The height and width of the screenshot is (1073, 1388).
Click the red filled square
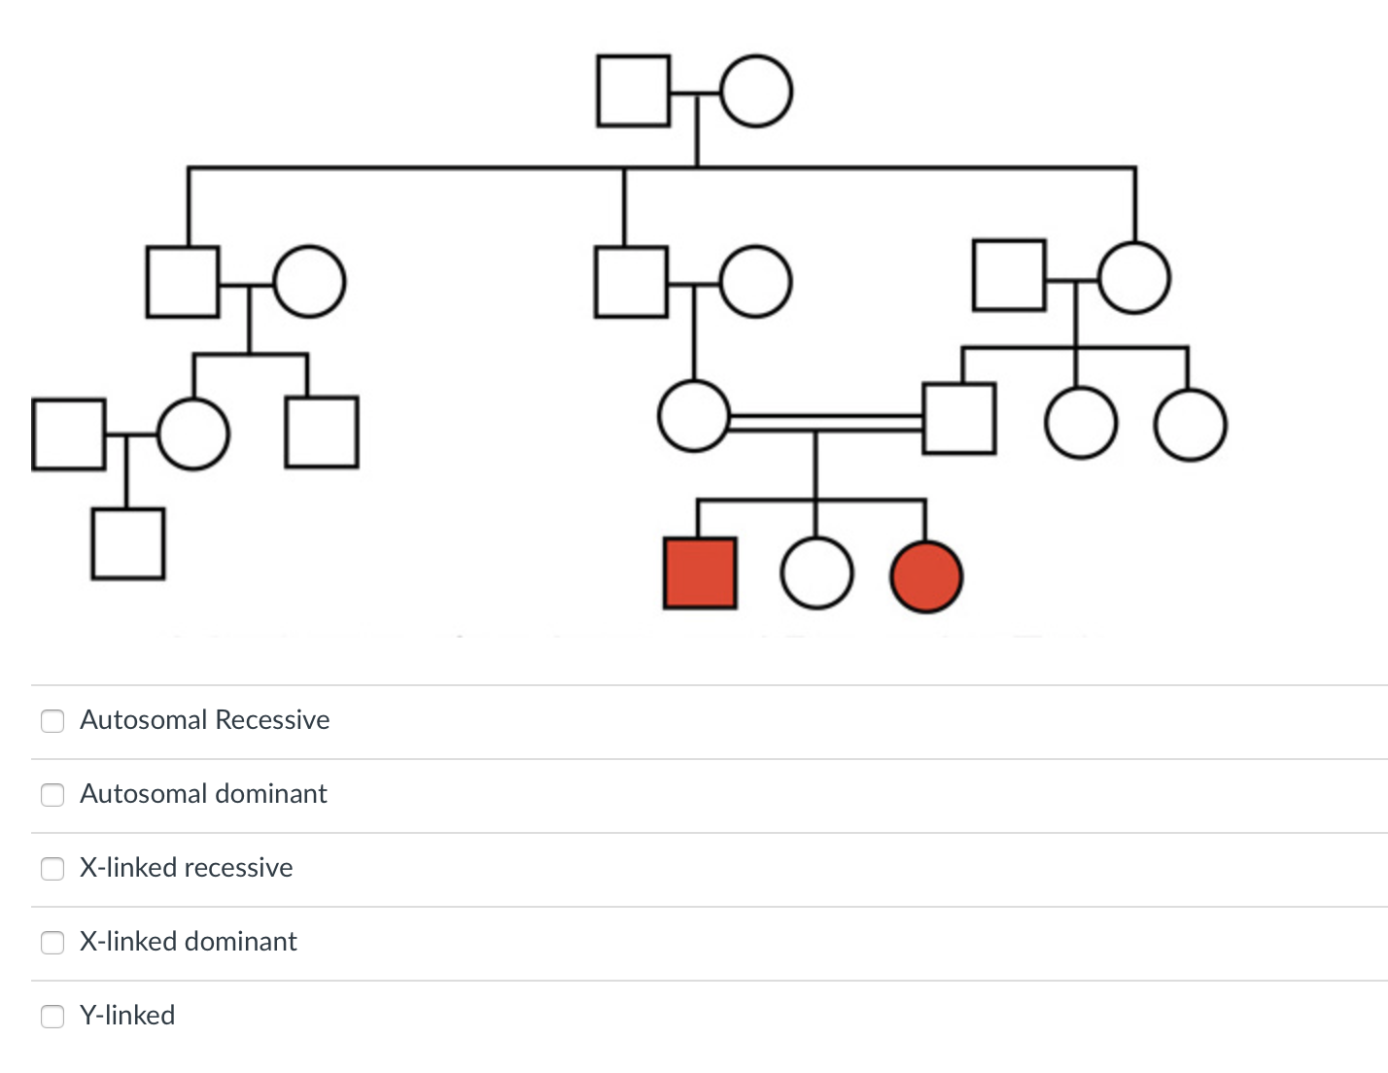(700, 573)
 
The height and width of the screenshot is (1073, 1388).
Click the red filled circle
(926, 576)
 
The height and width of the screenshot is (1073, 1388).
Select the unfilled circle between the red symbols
(816, 573)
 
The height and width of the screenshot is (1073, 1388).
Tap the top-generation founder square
(634, 91)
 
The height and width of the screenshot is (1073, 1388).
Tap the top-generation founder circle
(756, 91)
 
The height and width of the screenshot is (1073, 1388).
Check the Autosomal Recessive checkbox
(52, 720)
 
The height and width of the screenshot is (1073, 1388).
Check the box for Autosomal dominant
(52, 794)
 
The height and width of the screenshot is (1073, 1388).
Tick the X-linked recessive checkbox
(52, 868)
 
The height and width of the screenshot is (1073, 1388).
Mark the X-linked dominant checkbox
(52, 942)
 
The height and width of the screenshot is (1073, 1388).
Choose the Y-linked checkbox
(52, 1016)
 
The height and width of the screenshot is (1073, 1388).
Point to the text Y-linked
(127, 1016)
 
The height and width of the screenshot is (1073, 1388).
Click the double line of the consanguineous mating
(826, 422)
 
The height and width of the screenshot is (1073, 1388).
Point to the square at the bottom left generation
(128, 544)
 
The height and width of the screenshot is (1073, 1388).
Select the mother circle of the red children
(694, 416)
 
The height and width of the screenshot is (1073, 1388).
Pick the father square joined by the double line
(959, 419)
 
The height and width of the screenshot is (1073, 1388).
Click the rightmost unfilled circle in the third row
(1191, 425)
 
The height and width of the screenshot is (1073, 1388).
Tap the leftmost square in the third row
(68, 434)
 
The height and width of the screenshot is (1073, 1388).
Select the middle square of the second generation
(632, 282)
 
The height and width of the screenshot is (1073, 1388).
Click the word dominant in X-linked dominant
(241, 942)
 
